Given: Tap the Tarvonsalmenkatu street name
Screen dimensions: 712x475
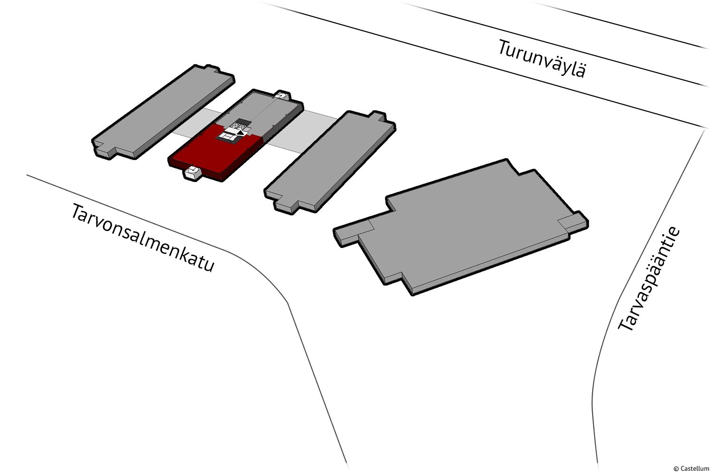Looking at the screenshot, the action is (x=142, y=237).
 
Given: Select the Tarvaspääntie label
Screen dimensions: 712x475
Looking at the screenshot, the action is (x=649, y=279).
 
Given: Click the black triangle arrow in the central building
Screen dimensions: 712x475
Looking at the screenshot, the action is (x=242, y=133).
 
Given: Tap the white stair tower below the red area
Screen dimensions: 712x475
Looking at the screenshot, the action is (x=192, y=173).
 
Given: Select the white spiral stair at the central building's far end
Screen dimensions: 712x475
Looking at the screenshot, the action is (x=282, y=95).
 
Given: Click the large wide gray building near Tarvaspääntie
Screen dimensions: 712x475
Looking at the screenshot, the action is (x=461, y=228).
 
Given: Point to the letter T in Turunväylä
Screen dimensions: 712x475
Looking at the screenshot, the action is (x=505, y=47).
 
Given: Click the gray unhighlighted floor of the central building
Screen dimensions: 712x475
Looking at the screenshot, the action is (x=261, y=111).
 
